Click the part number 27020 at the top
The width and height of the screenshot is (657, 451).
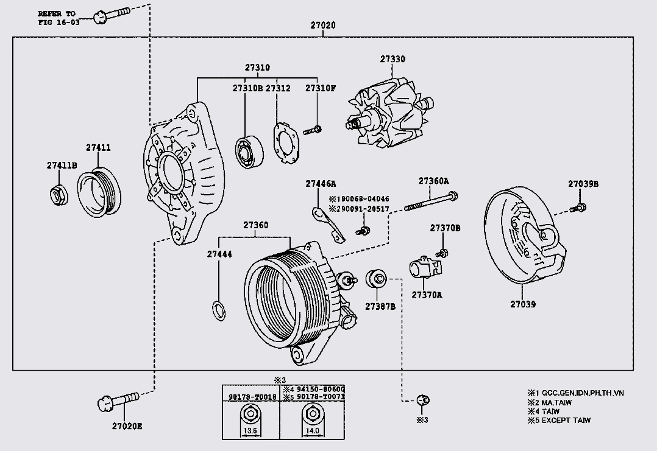(323, 26)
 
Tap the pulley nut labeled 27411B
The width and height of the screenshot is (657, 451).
(57, 194)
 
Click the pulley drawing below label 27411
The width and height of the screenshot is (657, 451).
(99, 191)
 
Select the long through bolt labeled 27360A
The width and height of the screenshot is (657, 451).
(431, 201)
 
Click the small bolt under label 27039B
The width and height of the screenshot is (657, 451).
(578, 208)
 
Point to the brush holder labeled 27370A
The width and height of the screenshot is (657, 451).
(424, 268)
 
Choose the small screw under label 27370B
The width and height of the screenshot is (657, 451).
(443, 252)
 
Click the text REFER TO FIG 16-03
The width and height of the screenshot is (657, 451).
(59, 17)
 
